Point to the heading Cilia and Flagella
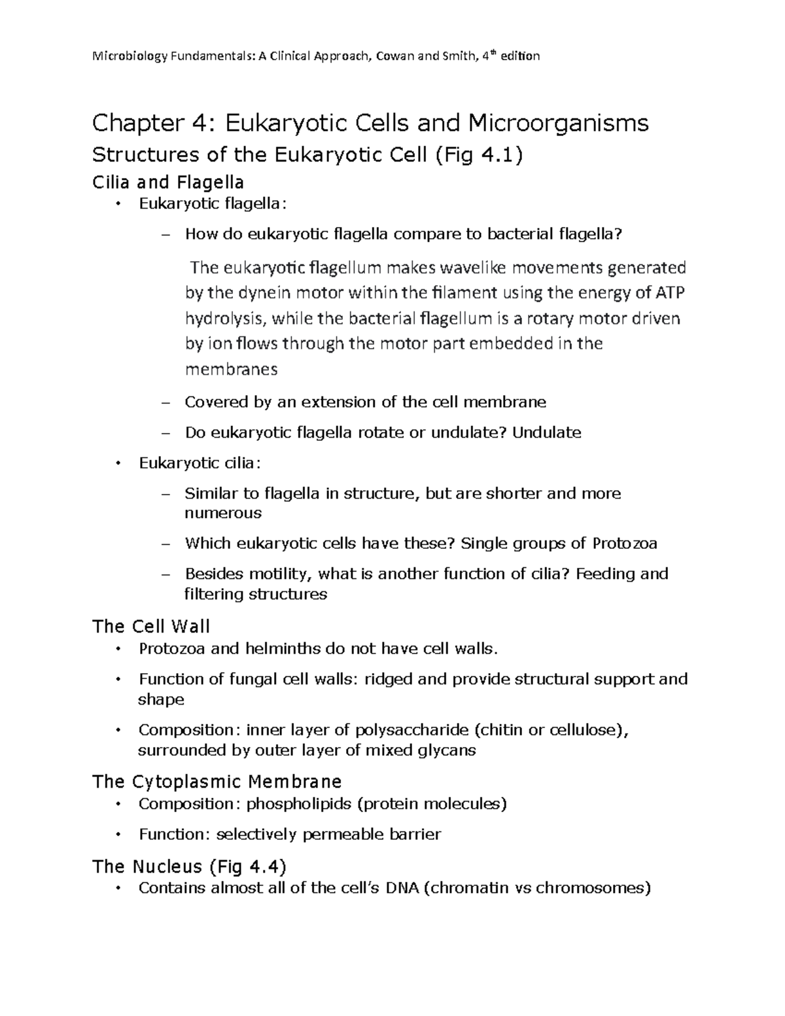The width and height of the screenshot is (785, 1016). (x=169, y=182)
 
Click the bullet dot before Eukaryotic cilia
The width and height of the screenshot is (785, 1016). (x=118, y=463)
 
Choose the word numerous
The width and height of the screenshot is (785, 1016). (x=223, y=513)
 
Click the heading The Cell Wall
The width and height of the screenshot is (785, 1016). (x=151, y=626)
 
